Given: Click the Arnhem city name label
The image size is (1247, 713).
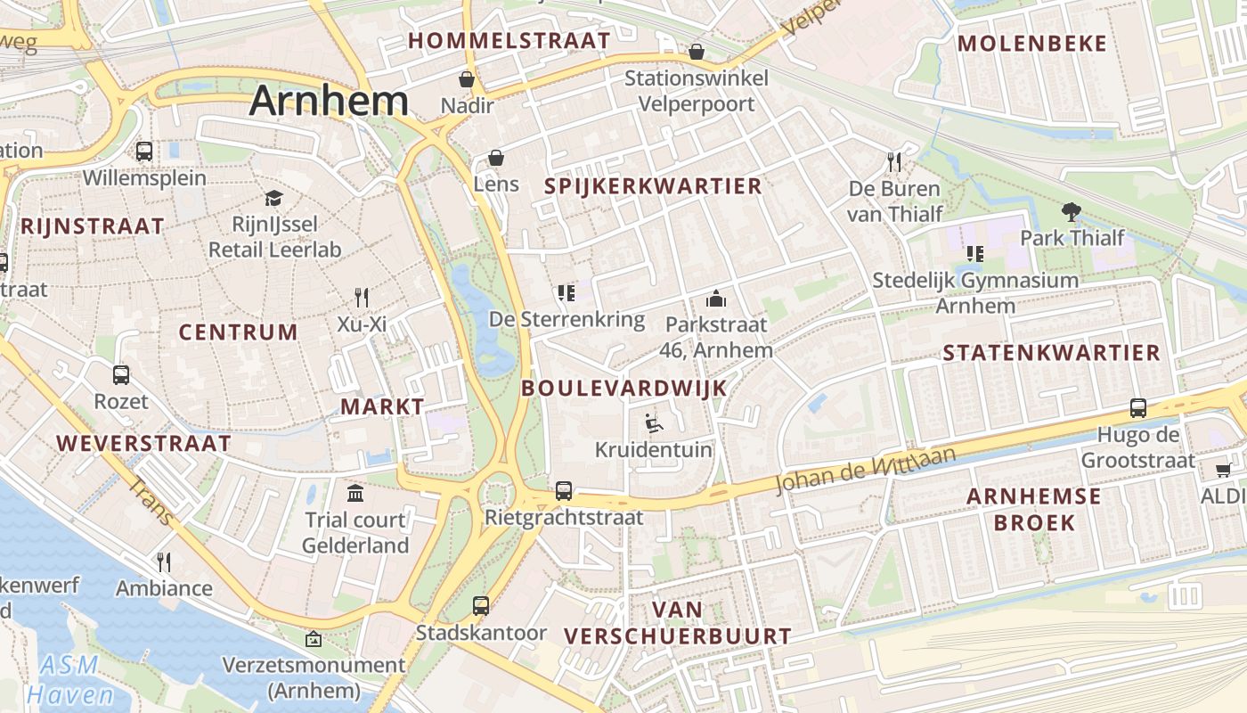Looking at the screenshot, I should pos(329,101).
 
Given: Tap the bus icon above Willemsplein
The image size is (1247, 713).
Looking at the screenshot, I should pos(144,152).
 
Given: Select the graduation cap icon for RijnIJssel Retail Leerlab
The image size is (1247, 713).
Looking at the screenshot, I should pos(273,198).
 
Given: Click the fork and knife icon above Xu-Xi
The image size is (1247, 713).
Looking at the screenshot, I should pos(361,297).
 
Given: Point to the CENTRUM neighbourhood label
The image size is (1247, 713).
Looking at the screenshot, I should pos(238,332).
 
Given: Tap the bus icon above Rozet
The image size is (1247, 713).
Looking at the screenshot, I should pos(121,375).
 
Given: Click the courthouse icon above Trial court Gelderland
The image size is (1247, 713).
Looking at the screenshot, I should pos(355,493).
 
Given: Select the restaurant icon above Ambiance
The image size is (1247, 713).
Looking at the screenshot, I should pos(164,561).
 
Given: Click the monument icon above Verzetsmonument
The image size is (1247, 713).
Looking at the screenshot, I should pos(314,639).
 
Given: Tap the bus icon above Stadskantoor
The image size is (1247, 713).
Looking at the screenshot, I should pos(481,606).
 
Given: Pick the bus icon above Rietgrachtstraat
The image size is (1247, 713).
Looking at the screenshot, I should pos(564,490).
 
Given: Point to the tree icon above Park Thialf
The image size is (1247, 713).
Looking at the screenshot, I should pos(1072,212).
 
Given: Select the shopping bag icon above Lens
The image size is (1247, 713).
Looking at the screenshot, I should pos(496,159).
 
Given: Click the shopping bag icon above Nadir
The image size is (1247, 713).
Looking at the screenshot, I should pos(466,80).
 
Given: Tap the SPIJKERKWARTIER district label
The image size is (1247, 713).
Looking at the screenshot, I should pos(653,186).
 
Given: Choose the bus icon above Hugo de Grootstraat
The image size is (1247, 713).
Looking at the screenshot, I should pos(1137,408).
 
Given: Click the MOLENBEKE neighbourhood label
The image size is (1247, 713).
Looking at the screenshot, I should pos(1032,44).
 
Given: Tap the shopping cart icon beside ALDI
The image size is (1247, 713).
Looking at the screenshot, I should pos(1224,469).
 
